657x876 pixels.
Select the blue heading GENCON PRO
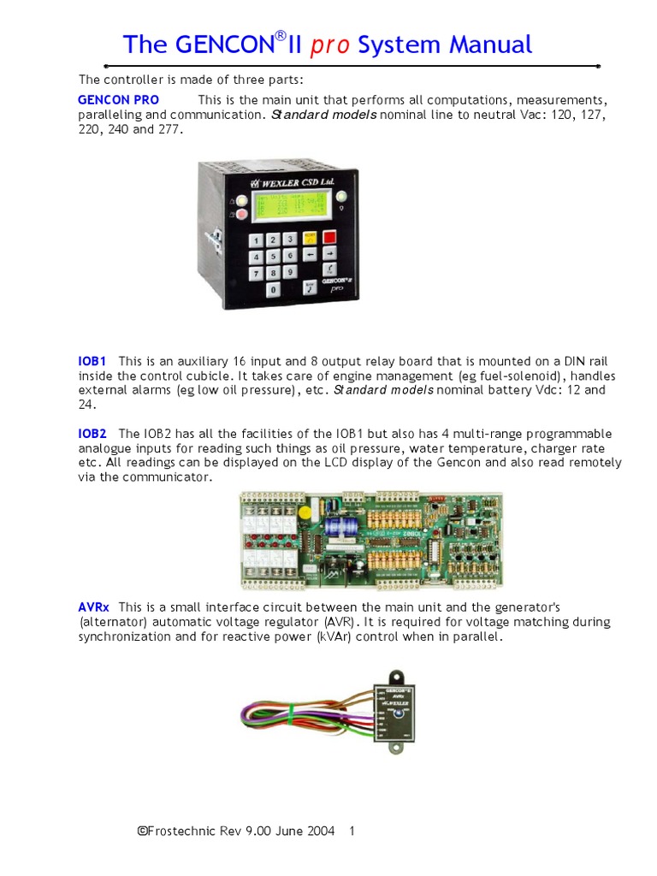pyautogui.click(x=118, y=100)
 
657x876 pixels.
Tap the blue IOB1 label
pyautogui.click(x=92, y=362)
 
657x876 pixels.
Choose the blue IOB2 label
pyautogui.click(x=92, y=434)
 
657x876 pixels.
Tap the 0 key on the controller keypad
pyautogui.click(x=273, y=289)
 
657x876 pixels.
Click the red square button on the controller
pyautogui.click(x=329, y=237)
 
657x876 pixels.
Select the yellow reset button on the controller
pyautogui.click(x=309, y=238)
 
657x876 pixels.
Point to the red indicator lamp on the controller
pyautogui.click(x=240, y=214)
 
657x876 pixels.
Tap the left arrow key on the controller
pyautogui.click(x=309, y=254)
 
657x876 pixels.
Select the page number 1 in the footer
pyautogui.click(x=352, y=831)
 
